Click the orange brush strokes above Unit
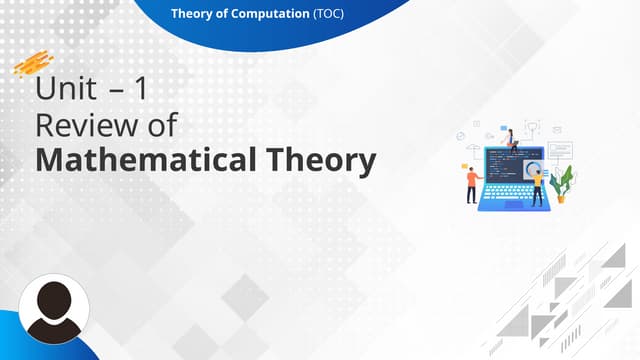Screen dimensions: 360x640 click(x=33, y=63)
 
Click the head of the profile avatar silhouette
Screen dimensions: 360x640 click(x=52, y=297)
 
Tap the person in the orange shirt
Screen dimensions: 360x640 click(x=472, y=183)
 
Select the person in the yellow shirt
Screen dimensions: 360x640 click(x=537, y=183)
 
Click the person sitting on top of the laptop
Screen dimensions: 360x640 click(x=511, y=138)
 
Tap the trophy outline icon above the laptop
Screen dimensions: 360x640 click(x=532, y=127)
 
